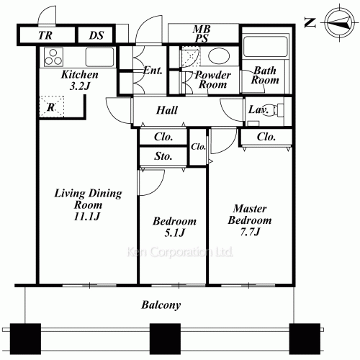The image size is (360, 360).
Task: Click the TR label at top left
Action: pos(45,35)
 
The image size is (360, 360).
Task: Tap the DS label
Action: pos(96,35)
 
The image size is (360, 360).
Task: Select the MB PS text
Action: pos(202,33)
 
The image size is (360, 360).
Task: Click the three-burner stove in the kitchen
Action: pos(53,57)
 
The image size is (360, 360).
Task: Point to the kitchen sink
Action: pos(99,57)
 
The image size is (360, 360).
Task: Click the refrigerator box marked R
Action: pos(52,107)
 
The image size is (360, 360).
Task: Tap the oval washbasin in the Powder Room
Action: pos(217,56)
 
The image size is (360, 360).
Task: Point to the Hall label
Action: pos(167,110)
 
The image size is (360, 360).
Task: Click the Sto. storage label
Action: pos(163,156)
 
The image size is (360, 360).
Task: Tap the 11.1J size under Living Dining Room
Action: pos(86,217)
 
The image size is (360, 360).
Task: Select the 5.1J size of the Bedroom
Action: pos(174,233)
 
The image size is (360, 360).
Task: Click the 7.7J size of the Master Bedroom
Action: pos(250,232)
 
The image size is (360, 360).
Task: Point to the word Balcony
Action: pos(161,305)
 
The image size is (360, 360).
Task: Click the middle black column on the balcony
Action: pos(165,339)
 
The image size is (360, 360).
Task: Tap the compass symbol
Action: pos(339,23)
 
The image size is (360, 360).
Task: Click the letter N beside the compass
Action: pos(310,23)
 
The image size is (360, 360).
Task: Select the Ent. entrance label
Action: pos(153,71)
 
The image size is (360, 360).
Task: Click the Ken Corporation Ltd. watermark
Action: pos(180,252)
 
